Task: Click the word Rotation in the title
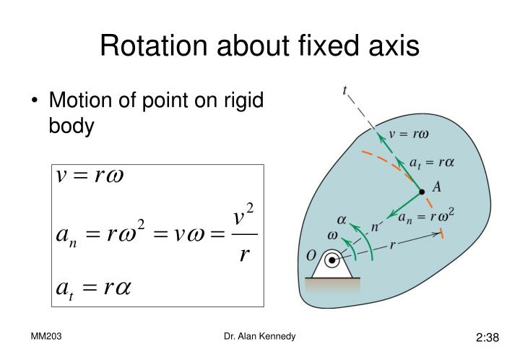(154, 45)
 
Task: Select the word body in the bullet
(71, 126)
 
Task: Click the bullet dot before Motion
(34, 100)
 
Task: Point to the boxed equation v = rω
(90, 176)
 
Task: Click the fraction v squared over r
(244, 233)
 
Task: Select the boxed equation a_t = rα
(93, 288)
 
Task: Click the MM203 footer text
(46, 336)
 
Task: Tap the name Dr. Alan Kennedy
(260, 336)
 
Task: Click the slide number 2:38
(487, 338)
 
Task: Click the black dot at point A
(422, 192)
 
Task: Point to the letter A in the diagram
(437, 187)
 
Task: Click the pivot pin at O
(331, 260)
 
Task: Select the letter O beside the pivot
(311, 256)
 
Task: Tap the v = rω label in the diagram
(409, 134)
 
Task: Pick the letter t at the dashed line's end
(345, 90)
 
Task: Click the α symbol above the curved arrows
(342, 220)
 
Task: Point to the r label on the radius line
(392, 245)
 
